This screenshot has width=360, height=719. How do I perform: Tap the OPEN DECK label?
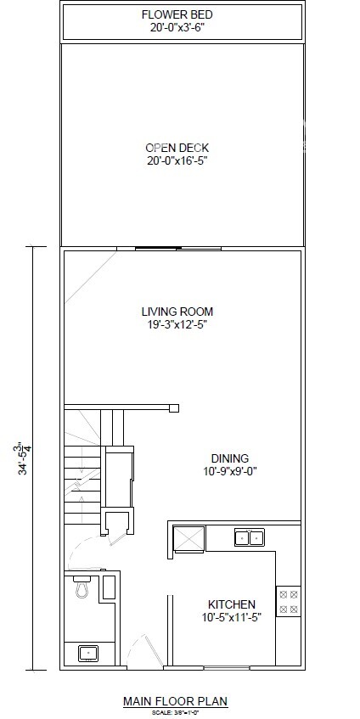coord(177,148)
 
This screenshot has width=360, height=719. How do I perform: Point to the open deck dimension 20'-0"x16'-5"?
coord(177,160)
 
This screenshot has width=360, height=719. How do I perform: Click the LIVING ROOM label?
coord(177,312)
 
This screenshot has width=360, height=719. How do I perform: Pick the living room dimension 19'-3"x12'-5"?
coord(177,324)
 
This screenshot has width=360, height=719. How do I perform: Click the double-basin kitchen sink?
coord(249,536)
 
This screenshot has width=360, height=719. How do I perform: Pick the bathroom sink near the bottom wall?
coord(87,653)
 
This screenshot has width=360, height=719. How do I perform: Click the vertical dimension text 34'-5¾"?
coord(25,458)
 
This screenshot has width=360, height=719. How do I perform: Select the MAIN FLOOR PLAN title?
coord(176,701)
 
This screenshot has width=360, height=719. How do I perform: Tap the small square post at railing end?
coord(174,408)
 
